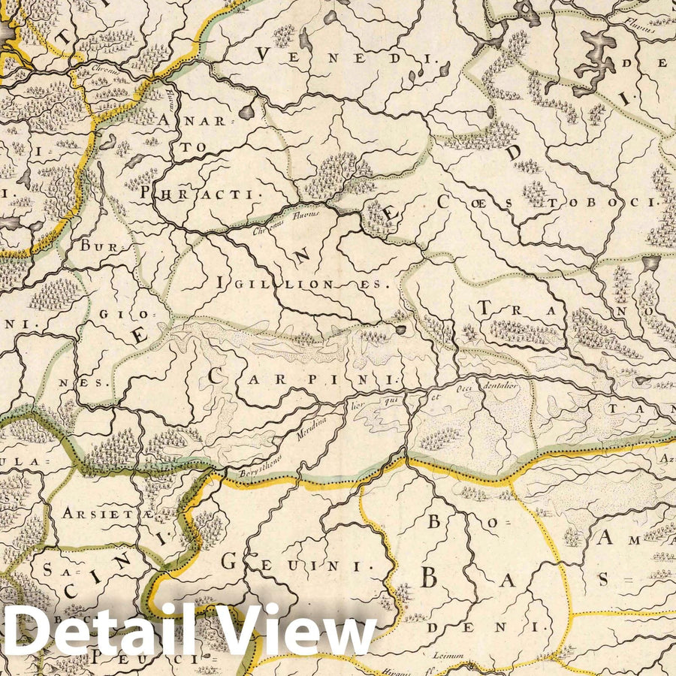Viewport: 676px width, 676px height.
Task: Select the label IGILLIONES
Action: [x=300, y=283]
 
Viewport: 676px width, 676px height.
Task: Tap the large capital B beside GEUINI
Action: [x=429, y=578]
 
